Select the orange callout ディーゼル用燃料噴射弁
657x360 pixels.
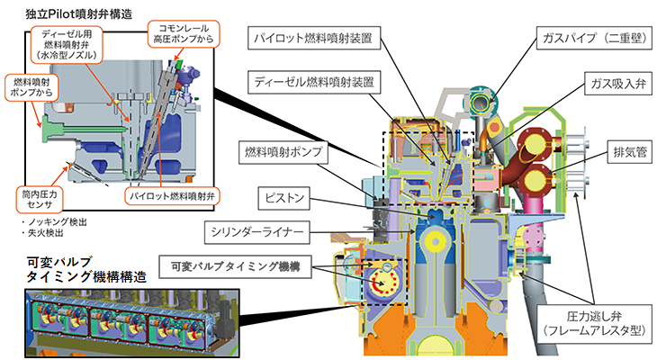[x=68, y=42]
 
